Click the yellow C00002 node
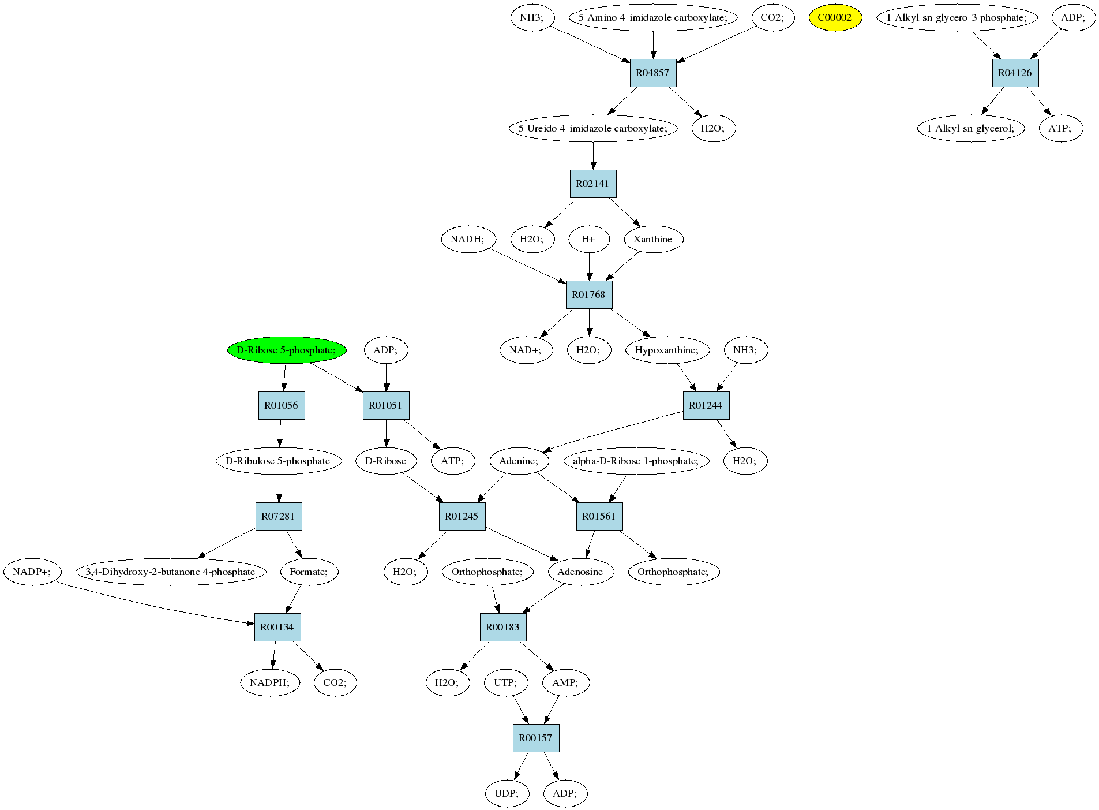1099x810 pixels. tap(835, 17)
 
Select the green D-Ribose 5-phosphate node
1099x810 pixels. tap(287, 350)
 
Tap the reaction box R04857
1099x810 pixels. tap(652, 73)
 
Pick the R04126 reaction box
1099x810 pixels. tap(1015, 73)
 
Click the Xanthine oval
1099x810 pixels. tap(653, 239)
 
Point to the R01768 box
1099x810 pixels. tap(588, 294)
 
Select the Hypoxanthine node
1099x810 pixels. tap(667, 350)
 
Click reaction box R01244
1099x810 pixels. tap(706, 405)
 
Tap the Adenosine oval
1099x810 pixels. tap(580, 572)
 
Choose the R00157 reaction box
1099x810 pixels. tap(535, 738)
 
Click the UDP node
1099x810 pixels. tap(507, 793)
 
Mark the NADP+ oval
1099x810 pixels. tap(32, 572)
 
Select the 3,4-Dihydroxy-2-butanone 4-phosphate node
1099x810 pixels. tap(171, 572)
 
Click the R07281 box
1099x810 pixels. tap(279, 516)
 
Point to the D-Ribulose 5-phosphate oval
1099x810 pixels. tap(278, 461)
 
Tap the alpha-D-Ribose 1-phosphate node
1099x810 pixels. tap(636, 461)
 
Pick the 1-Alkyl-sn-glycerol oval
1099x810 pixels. tap(971, 128)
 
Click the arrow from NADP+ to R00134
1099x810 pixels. tap(156, 604)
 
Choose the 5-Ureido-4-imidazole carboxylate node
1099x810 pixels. tap(593, 128)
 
